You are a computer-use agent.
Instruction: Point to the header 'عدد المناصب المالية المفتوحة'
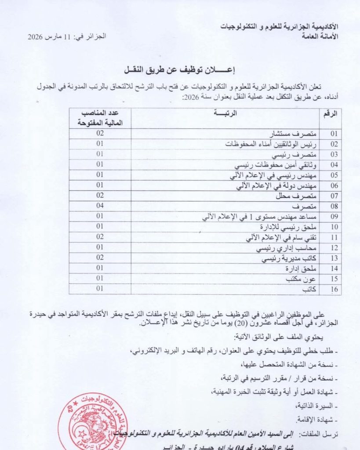point(100,118)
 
